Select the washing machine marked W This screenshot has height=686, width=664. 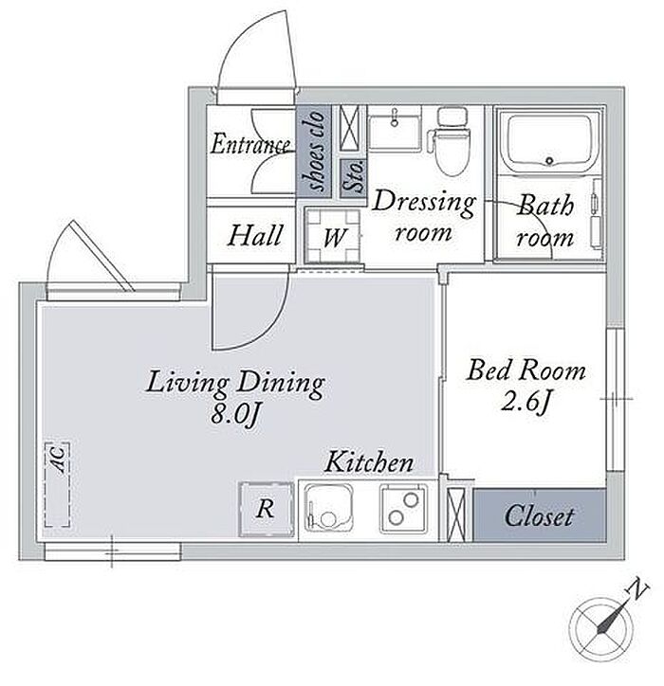(x=333, y=235)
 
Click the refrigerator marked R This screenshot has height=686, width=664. (x=267, y=509)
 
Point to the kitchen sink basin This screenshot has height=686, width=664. (x=329, y=508)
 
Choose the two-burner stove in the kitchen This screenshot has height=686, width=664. (x=404, y=509)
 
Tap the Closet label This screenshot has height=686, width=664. (x=539, y=516)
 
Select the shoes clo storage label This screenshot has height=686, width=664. (x=314, y=151)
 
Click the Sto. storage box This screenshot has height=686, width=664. (x=354, y=177)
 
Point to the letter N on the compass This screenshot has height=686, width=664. (x=638, y=588)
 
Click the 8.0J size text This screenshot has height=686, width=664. (x=235, y=413)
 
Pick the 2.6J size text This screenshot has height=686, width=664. (x=525, y=401)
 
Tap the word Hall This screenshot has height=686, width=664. (x=254, y=235)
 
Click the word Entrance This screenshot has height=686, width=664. (x=250, y=144)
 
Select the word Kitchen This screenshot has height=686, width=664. (x=369, y=462)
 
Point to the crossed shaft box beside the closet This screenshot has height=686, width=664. (x=456, y=514)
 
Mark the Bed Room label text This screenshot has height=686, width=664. (x=526, y=370)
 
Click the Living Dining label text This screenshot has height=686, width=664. (x=235, y=384)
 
